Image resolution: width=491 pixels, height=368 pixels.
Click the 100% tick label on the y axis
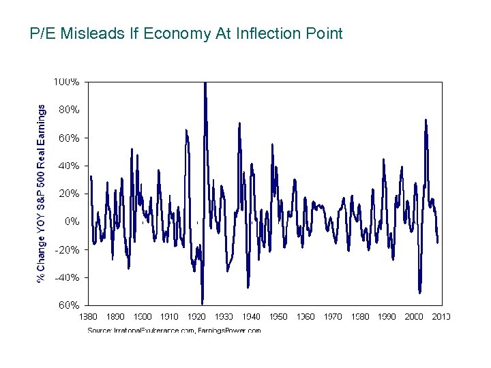coord(67,82)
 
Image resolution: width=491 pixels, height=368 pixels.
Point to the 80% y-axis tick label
coord(69,109)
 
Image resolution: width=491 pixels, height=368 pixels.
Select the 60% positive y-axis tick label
coord(69,138)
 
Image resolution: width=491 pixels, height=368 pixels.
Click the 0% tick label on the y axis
coord(72,221)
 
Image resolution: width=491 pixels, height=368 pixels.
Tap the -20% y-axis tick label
coord(67,249)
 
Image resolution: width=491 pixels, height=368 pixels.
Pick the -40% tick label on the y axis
coord(67,277)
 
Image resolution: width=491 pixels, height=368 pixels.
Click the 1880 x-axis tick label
coord(89,316)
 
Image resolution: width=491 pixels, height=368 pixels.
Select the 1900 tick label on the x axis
coord(143,316)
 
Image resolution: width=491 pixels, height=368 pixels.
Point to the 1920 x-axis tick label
coord(197,316)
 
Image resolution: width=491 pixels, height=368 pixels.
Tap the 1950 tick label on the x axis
coord(278,316)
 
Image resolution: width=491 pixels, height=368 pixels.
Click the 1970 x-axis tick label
coord(332,316)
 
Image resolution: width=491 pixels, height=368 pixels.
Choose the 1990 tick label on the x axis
coord(387,316)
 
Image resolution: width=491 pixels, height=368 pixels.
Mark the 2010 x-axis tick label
coord(441,316)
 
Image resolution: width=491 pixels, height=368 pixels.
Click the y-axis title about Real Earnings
coord(42,193)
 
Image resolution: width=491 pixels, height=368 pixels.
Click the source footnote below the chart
coord(174,331)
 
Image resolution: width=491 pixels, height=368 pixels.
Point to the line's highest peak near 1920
coord(205,84)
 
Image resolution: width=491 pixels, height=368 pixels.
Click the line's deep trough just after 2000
coord(420,292)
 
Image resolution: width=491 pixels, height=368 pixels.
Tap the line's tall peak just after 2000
coord(426,121)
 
